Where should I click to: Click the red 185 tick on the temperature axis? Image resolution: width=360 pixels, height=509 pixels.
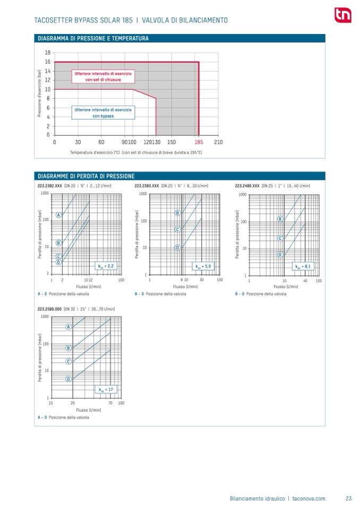(199, 142)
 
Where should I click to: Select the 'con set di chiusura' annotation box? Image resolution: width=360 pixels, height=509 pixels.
(104, 75)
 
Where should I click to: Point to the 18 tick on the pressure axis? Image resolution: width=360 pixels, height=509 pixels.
(48, 53)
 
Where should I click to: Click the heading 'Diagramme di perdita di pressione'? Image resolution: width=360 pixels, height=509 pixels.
(86, 176)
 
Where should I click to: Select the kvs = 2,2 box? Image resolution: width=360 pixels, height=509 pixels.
(104, 266)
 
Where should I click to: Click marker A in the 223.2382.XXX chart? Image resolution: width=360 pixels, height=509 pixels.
(59, 214)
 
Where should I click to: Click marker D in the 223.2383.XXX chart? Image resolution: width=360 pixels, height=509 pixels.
(177, 247)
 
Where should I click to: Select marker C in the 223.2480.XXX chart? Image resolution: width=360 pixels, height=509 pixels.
(279, 238)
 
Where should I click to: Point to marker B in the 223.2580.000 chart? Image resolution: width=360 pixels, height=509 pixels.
(68, 348)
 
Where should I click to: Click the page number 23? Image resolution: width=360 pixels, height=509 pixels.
(349, 498)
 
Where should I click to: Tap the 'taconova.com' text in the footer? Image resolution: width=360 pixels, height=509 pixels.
(308, 498)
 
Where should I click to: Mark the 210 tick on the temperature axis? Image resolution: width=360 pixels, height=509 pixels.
(218, 142)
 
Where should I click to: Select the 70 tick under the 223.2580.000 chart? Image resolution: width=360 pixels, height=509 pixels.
(109, 403)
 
